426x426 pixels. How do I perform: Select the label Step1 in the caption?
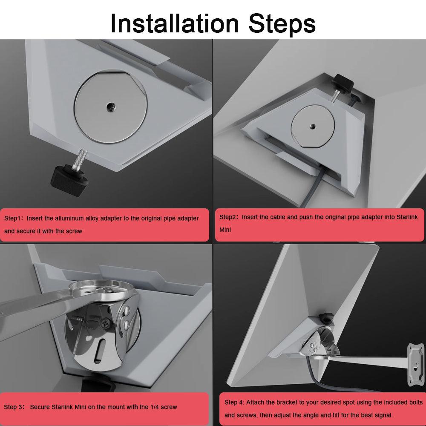pyautogui.click(x=14, y=219)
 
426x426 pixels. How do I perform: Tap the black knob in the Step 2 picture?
pyautogui.click(x=343, y=81)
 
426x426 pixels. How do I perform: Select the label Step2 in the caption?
pyautogui.click(x=229, y=217)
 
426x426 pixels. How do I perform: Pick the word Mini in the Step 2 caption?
pyautogui.click(x=225, y=230)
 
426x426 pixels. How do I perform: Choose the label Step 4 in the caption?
pyautogui.click(x=234, y=403)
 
